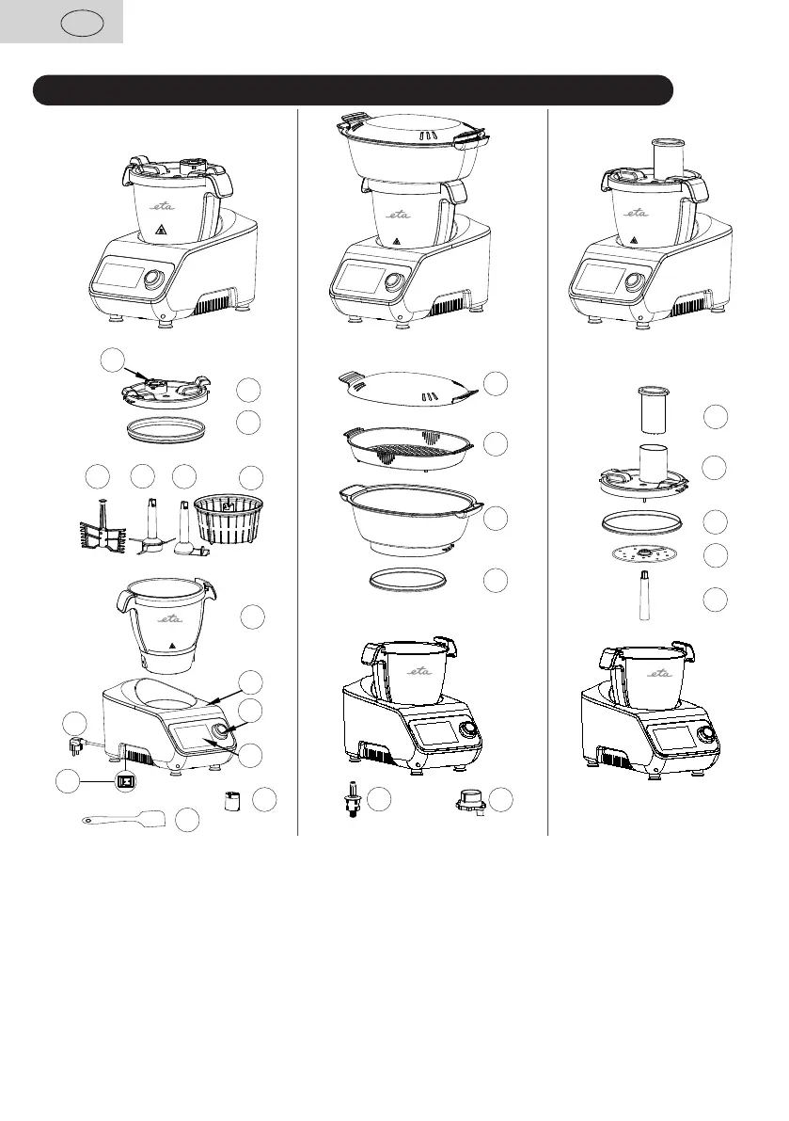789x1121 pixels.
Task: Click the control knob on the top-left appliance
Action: [154, 282]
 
